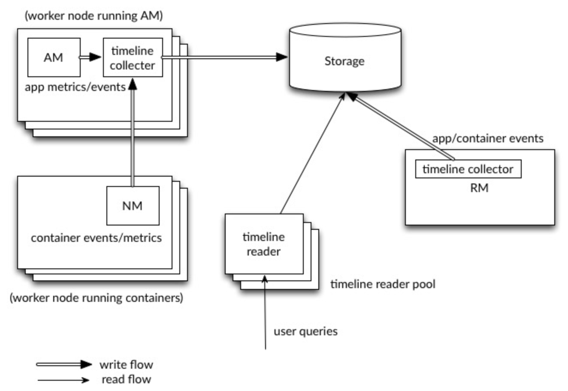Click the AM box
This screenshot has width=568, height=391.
pos(54,57)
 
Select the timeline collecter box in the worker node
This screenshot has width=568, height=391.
pos(133,57)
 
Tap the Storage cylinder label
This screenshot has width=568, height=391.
pos(344,61)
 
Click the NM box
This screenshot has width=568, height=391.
pos(133,206)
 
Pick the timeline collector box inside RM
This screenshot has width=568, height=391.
pos(468,169)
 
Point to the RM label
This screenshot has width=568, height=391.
pos(479,188)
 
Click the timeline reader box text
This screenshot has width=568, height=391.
pos(264,244)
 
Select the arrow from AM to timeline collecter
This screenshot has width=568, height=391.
pos(90,57)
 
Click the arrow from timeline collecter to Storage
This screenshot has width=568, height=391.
pos(224,57)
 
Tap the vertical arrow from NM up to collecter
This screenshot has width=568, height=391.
pos(133,132)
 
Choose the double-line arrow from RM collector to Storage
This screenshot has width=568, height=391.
pos(400,126)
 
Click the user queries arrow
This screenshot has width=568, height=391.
pos(265,313)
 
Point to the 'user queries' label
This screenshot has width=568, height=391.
pos(305,331)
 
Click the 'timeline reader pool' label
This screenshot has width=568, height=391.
pos(383,284)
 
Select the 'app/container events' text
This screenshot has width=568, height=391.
pos(488,138)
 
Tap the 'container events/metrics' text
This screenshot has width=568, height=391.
pos(97,238)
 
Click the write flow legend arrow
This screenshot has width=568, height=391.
pos(64,365)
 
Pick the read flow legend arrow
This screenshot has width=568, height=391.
pos(63,380)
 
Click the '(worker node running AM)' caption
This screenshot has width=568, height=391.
pos(94,16)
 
